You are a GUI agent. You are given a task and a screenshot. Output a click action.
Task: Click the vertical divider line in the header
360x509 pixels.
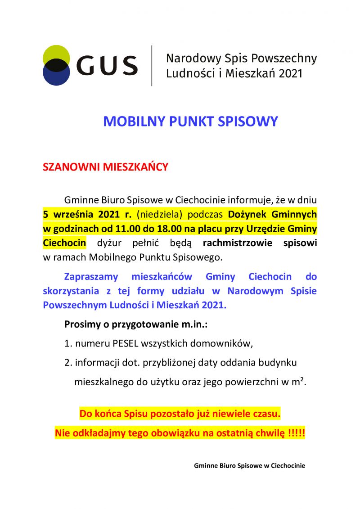(152, 66)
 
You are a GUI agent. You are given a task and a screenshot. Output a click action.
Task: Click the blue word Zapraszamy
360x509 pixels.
(91, 276)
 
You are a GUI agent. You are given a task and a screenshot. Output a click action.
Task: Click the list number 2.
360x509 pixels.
(67, 363)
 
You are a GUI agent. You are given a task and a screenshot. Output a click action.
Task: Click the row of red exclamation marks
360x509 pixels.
(296, 433)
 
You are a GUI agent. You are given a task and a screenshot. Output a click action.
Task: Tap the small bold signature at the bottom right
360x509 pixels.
(249, 466)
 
